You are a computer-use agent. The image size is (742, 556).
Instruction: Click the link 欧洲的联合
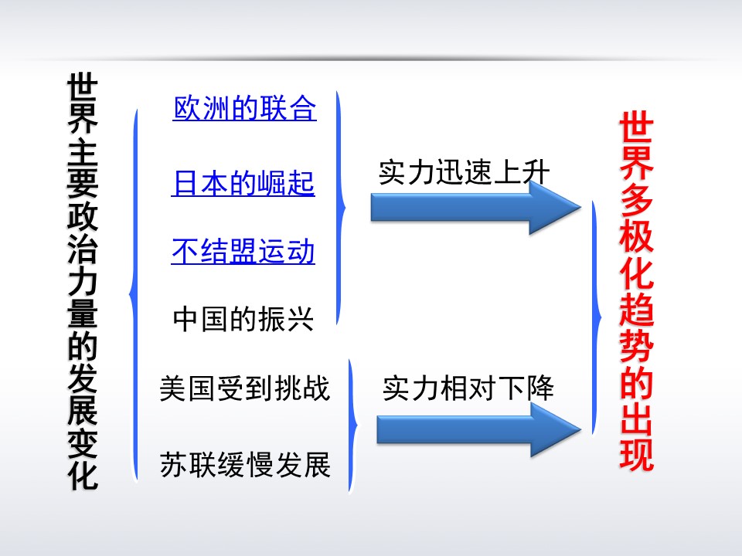(x=244, y=108)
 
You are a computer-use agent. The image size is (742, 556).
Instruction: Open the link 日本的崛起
(x=243, y=185)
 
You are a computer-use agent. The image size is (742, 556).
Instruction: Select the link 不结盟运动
(x=243, y=252)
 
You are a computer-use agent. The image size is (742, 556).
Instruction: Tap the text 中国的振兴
(x=243, y=319)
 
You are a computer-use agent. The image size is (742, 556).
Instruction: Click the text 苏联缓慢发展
(x=245, y=465)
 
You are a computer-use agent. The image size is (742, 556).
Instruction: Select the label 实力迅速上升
(x=464, y=172)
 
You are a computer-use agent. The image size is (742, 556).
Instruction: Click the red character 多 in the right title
(x=636, y=207)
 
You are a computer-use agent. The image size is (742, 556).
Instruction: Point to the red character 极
(x=636, y=246)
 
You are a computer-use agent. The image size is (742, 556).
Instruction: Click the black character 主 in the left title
(x=83, y=149)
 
